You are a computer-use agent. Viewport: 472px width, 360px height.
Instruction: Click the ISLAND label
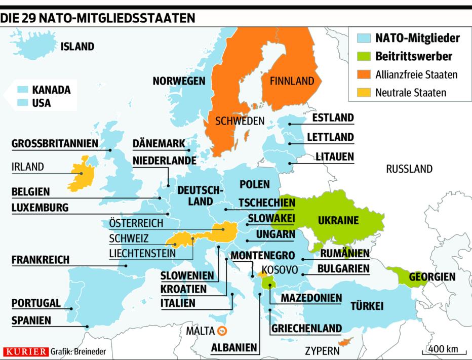(x=77, y=47)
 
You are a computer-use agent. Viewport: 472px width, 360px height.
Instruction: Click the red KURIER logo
(x=25, y=351)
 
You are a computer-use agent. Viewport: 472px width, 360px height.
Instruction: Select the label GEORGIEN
(x=432, y=277)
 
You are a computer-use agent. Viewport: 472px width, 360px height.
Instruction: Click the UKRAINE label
(x=338, y=221)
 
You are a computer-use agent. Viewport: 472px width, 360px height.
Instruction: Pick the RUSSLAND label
(x=409, y=169)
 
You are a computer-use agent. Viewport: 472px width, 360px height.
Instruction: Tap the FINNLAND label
(x=292, y=81)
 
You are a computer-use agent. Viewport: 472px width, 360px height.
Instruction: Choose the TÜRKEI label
(x=366, y=306)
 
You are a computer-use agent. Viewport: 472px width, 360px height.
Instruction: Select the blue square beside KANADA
(x=22, y=89)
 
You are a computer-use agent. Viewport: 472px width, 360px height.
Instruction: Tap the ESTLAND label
(x=333, y=118)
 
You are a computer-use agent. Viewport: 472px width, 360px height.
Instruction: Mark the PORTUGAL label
(x=36, y=303)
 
